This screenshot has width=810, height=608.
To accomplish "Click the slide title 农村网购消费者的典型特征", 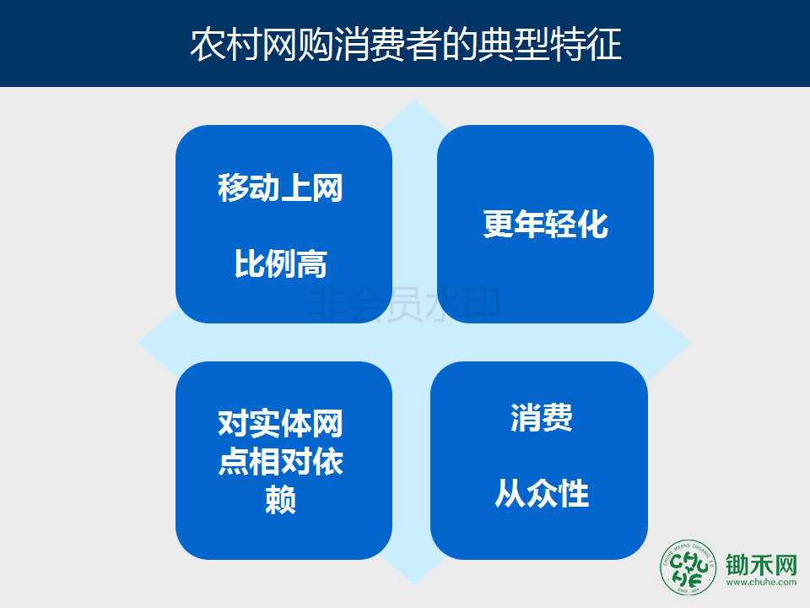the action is point(406,45).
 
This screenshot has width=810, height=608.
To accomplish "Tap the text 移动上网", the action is point(280,187).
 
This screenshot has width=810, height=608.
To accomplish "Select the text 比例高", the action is point(280,263).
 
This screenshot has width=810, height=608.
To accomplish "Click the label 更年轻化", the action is point(546,225).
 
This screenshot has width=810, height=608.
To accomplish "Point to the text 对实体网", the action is point(280,424).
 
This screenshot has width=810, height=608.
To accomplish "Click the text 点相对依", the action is point(280,462).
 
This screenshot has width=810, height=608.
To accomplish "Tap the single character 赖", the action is point(280,499).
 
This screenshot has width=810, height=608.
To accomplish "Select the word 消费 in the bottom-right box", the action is point(542,417).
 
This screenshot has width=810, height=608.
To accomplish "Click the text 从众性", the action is point(542,493).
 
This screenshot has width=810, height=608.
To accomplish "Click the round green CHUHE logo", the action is point(688,567).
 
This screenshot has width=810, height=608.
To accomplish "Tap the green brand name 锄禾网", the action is point(761,565).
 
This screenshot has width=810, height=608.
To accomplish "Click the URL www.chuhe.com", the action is point(761,582).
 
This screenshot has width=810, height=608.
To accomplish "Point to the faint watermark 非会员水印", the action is point(404,305).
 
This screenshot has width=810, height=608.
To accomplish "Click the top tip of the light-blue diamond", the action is point(413,100).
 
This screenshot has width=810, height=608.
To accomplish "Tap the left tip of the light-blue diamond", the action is point(139,342).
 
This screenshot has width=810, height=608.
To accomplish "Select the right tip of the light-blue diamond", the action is point(690,342).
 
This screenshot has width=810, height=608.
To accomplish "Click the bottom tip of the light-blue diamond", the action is point(413,584).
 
